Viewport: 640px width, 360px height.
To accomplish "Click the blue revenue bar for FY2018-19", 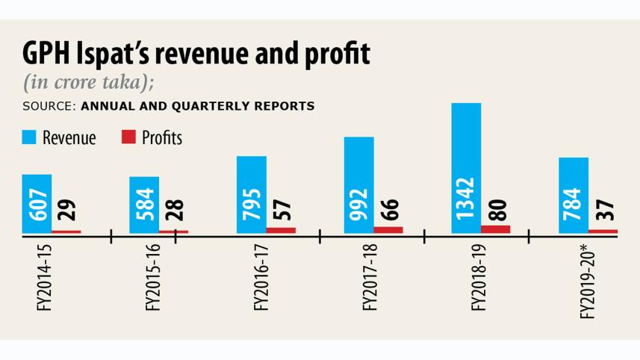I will (x=467, y=168).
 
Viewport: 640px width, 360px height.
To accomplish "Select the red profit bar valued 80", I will (x=496, y=229).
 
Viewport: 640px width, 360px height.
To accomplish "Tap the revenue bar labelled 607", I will (x=37, y=203).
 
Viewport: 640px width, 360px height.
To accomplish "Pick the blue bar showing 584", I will (x=144, y=205).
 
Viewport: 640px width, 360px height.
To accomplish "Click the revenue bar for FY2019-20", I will (x=574, y=195).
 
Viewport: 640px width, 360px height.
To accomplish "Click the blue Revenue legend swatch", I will (x=29, y=137).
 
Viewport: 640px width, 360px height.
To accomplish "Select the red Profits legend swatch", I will (x=128, y=137).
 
